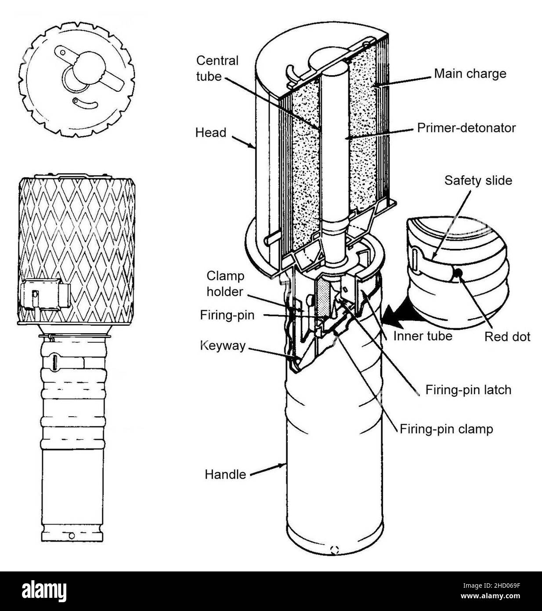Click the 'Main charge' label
(x=470, y=73)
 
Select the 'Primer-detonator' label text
(x=465, y=128)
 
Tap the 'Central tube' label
(x=217, y=68)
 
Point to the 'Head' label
(x=211, y=132)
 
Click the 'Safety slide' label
(x=478, y=180)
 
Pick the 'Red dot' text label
(x=507, y=337)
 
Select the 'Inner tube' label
(x=423, y=336)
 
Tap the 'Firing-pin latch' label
(x=468, y=390)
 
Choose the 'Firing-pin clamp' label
(x=446, y=429)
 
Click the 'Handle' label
(x=225, y=474)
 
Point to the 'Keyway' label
(x=222, y=346)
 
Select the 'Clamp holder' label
(x=225, y=284)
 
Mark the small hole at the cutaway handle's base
(x=335, y=548)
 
